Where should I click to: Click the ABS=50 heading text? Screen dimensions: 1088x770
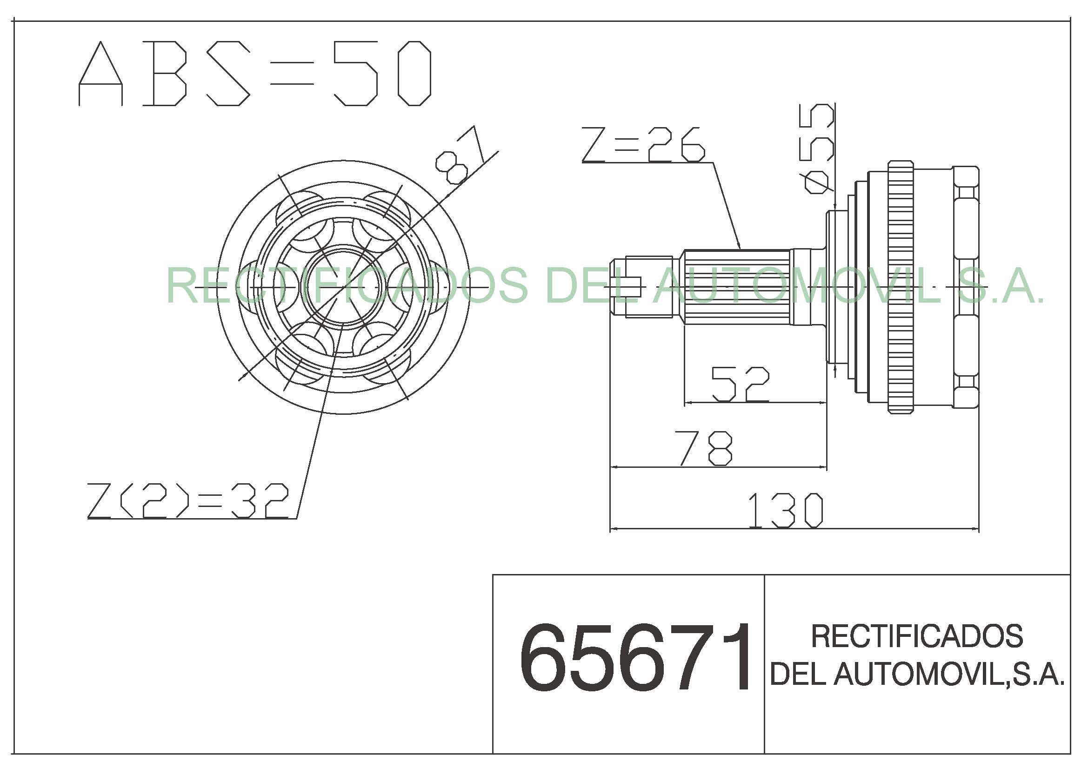pyautogui.click(x=255, y=74)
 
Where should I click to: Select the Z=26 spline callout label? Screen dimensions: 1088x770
pyautogui.click(x=643, y=145)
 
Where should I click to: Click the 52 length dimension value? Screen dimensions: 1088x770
pyautogui.click(x=741, y=384)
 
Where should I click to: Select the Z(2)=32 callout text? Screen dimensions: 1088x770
pyautogui.click(x=187, y=501)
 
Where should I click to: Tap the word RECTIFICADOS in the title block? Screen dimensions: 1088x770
pyautogui.click(x=917, y=636)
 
